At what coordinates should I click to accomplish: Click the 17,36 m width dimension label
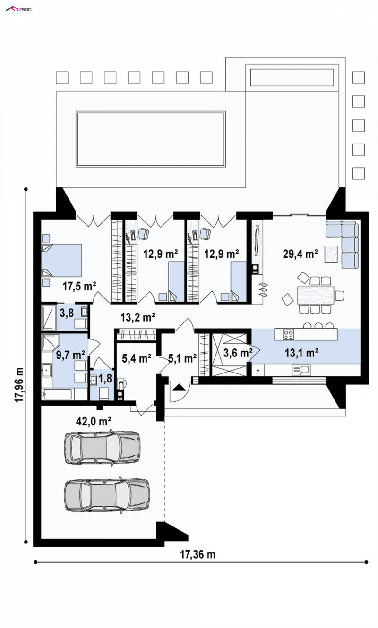(x=198, y=554)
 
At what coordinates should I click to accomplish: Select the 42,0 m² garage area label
(x=94, y=421)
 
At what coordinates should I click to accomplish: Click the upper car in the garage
(x=102, y=447)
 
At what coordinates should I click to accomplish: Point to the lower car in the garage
(x=107, y=495)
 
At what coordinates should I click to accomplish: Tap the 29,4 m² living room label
(x=300, y=254)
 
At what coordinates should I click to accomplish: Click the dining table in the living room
(x=316, y=295)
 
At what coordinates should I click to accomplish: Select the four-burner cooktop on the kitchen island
(x=289, y=334)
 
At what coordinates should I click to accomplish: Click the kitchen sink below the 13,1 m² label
(x=301, y=370)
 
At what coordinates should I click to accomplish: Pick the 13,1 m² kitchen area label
(x=301, y=353)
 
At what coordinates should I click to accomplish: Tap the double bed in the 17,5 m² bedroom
(x=62, y=260)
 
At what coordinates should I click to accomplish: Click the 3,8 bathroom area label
(x=67, y=313)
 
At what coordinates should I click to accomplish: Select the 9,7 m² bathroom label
(x=70, y=355)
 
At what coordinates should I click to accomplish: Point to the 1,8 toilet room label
(x=105, y=378)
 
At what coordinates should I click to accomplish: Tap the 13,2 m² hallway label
(x=138, y=317)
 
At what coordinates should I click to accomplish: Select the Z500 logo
(x=19, y=9)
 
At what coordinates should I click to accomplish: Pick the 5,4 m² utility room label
(x=137, y=358)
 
